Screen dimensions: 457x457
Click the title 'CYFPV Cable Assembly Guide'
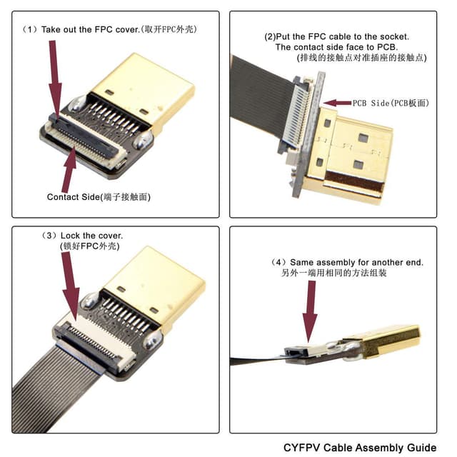359,448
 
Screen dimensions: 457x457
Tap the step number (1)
29,29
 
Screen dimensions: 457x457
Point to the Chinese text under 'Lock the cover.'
79,246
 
